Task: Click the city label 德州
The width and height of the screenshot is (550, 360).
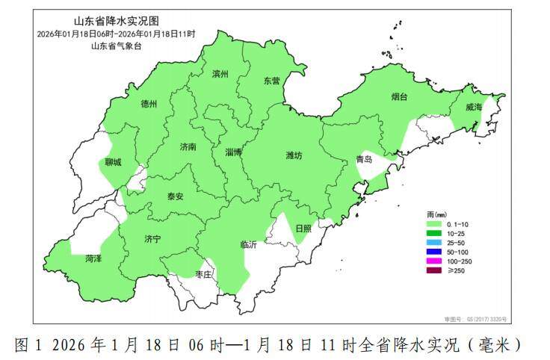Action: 149,105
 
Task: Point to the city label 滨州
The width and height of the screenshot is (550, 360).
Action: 220,74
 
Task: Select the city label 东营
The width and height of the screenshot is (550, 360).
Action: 271,81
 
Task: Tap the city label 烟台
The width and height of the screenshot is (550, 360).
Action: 400,96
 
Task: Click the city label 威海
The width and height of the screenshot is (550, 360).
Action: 474,108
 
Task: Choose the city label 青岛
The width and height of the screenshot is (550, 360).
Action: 365,159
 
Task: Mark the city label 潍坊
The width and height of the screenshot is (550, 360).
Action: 294,155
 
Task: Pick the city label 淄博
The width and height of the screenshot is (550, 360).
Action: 234,152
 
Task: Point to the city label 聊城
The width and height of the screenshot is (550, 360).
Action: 113,161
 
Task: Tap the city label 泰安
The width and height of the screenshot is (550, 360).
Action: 175,196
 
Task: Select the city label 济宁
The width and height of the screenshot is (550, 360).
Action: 152,239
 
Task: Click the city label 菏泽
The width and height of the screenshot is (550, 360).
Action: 93,258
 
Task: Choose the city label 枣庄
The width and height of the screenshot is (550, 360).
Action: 203,275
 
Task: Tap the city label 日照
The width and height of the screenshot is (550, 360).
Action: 303,229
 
